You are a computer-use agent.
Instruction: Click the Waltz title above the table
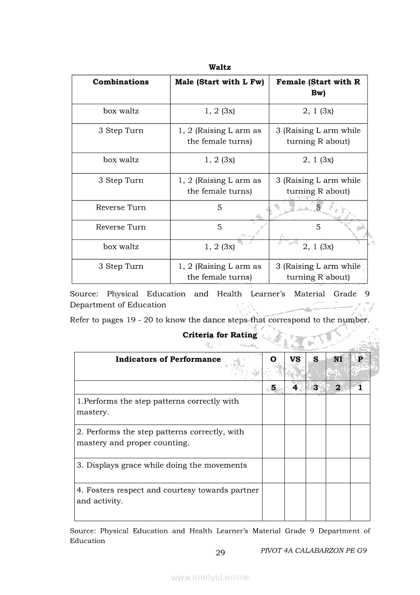tap(220, 67)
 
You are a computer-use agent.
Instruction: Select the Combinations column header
tap(121, 82)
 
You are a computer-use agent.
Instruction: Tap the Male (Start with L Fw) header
tap(220, 82)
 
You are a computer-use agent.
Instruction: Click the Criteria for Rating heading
tap(220, 335)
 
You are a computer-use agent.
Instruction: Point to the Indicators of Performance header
tap(168, 359)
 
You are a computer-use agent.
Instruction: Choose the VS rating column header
tap(295, 359)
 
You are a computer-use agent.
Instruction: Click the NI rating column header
tap(338, 359)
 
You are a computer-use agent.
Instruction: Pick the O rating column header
tap(273, 359)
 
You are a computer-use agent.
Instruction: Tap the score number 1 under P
tap(360, 388)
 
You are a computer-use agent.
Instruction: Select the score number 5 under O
tap(273, 388)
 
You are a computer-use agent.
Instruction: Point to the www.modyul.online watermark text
tap(210, 577)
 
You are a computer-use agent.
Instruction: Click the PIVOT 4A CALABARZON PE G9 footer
tap(313, 551)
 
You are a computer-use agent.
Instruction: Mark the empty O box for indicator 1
tap(273, 409)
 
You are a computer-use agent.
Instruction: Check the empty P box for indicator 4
tap(360, 502)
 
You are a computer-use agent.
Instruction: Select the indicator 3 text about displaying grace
tap(162, 465)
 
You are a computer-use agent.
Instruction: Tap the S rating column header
tap(316, 359)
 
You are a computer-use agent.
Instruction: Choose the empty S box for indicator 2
tap(316, 441)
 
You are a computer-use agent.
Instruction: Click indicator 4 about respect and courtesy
tap(168, 496)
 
